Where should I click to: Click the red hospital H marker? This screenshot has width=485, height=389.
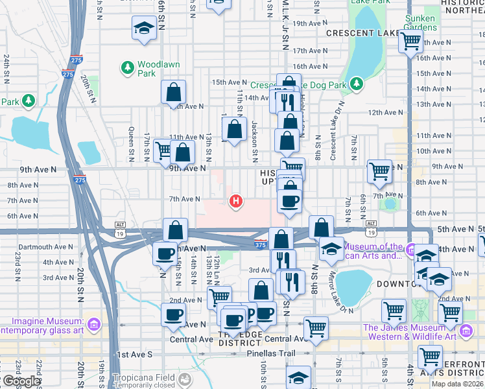[237, 202]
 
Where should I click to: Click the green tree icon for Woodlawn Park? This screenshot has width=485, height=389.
[127, 67]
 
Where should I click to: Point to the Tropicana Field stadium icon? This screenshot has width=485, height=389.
[187, 378]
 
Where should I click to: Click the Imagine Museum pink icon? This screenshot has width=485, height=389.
[94, 322]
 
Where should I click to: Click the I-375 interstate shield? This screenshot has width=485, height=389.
[259, 242]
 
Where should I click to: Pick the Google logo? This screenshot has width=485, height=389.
[21, 381]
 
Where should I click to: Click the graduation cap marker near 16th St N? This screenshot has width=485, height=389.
[144, 29]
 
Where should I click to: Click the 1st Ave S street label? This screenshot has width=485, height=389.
[134, 355]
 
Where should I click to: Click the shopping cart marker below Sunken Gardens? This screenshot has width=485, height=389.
[410, 41]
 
